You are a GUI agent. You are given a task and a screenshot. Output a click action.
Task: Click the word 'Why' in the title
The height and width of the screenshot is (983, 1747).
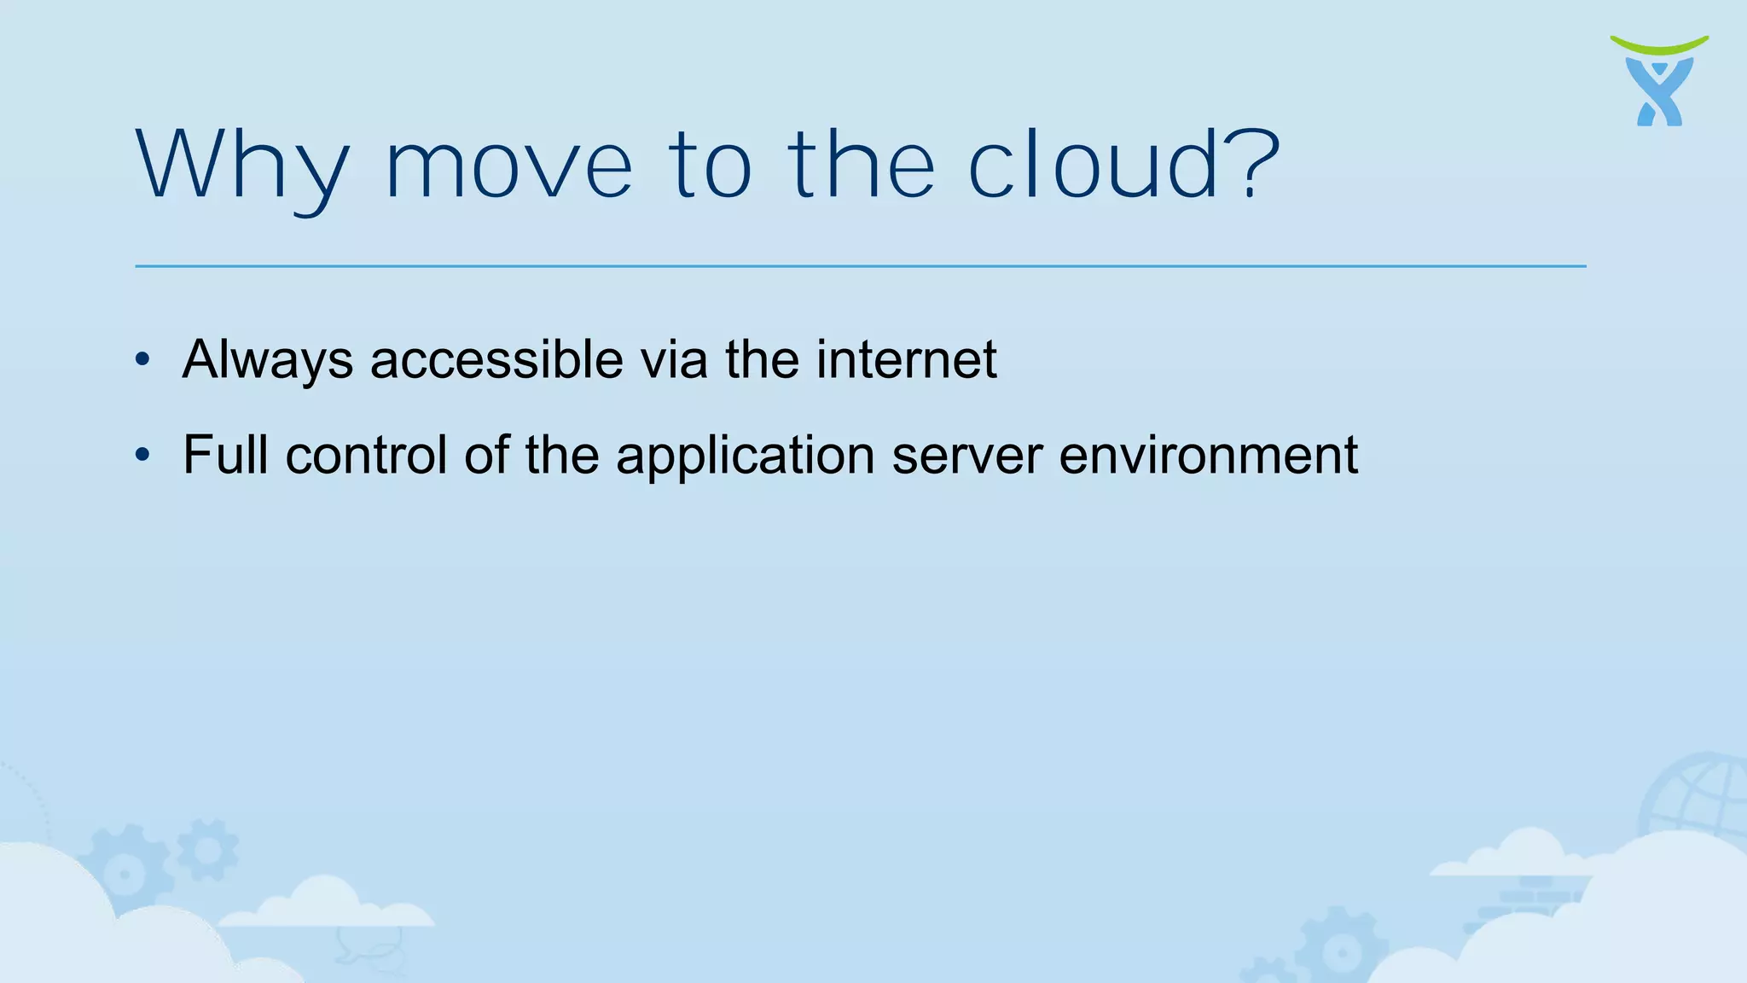click(242, 167)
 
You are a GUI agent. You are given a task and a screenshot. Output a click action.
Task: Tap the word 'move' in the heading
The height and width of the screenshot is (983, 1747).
click(509, 167)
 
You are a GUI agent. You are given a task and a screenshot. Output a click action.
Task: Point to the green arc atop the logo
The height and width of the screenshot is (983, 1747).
click(1659, 44)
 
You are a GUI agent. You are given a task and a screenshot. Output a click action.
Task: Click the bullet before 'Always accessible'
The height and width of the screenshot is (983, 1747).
click(142, 359)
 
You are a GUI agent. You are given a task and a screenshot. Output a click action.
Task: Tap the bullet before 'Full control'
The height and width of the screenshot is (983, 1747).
click(142, 455)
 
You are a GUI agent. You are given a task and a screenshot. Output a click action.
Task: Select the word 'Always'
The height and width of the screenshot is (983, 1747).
click(268, 360)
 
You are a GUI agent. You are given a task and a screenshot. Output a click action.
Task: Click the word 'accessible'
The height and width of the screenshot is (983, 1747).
click(496, 359)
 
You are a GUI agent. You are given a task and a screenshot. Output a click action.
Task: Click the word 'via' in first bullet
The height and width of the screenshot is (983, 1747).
click(674, 359)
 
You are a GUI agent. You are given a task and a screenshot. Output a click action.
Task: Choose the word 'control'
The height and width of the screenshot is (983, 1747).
click(366, 454)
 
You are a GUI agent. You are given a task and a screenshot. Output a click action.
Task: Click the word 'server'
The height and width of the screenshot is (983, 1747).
click(966, 456)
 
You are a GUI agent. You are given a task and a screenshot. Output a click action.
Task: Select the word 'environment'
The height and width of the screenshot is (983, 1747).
click(1208, 455)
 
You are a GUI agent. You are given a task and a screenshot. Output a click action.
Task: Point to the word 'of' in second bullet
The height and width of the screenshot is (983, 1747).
click(486, 454)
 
